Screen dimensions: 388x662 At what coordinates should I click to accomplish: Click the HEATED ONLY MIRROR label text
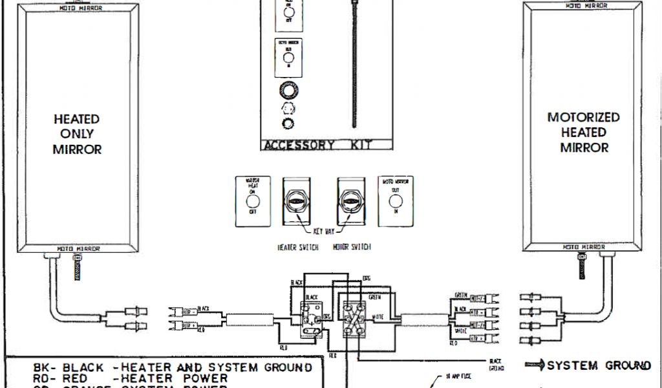[77, 134]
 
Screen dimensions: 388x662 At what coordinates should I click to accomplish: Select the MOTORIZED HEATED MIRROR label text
[583, 132]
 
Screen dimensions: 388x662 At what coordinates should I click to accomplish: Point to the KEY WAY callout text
[324, 230]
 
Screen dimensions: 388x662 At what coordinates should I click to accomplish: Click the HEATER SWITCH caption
[297, 248]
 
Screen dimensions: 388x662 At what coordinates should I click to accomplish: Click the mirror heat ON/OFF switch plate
[253, 202]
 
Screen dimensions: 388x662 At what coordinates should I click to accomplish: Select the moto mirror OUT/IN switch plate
[395, 201]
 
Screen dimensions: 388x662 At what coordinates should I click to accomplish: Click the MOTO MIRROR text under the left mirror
[79, 248]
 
